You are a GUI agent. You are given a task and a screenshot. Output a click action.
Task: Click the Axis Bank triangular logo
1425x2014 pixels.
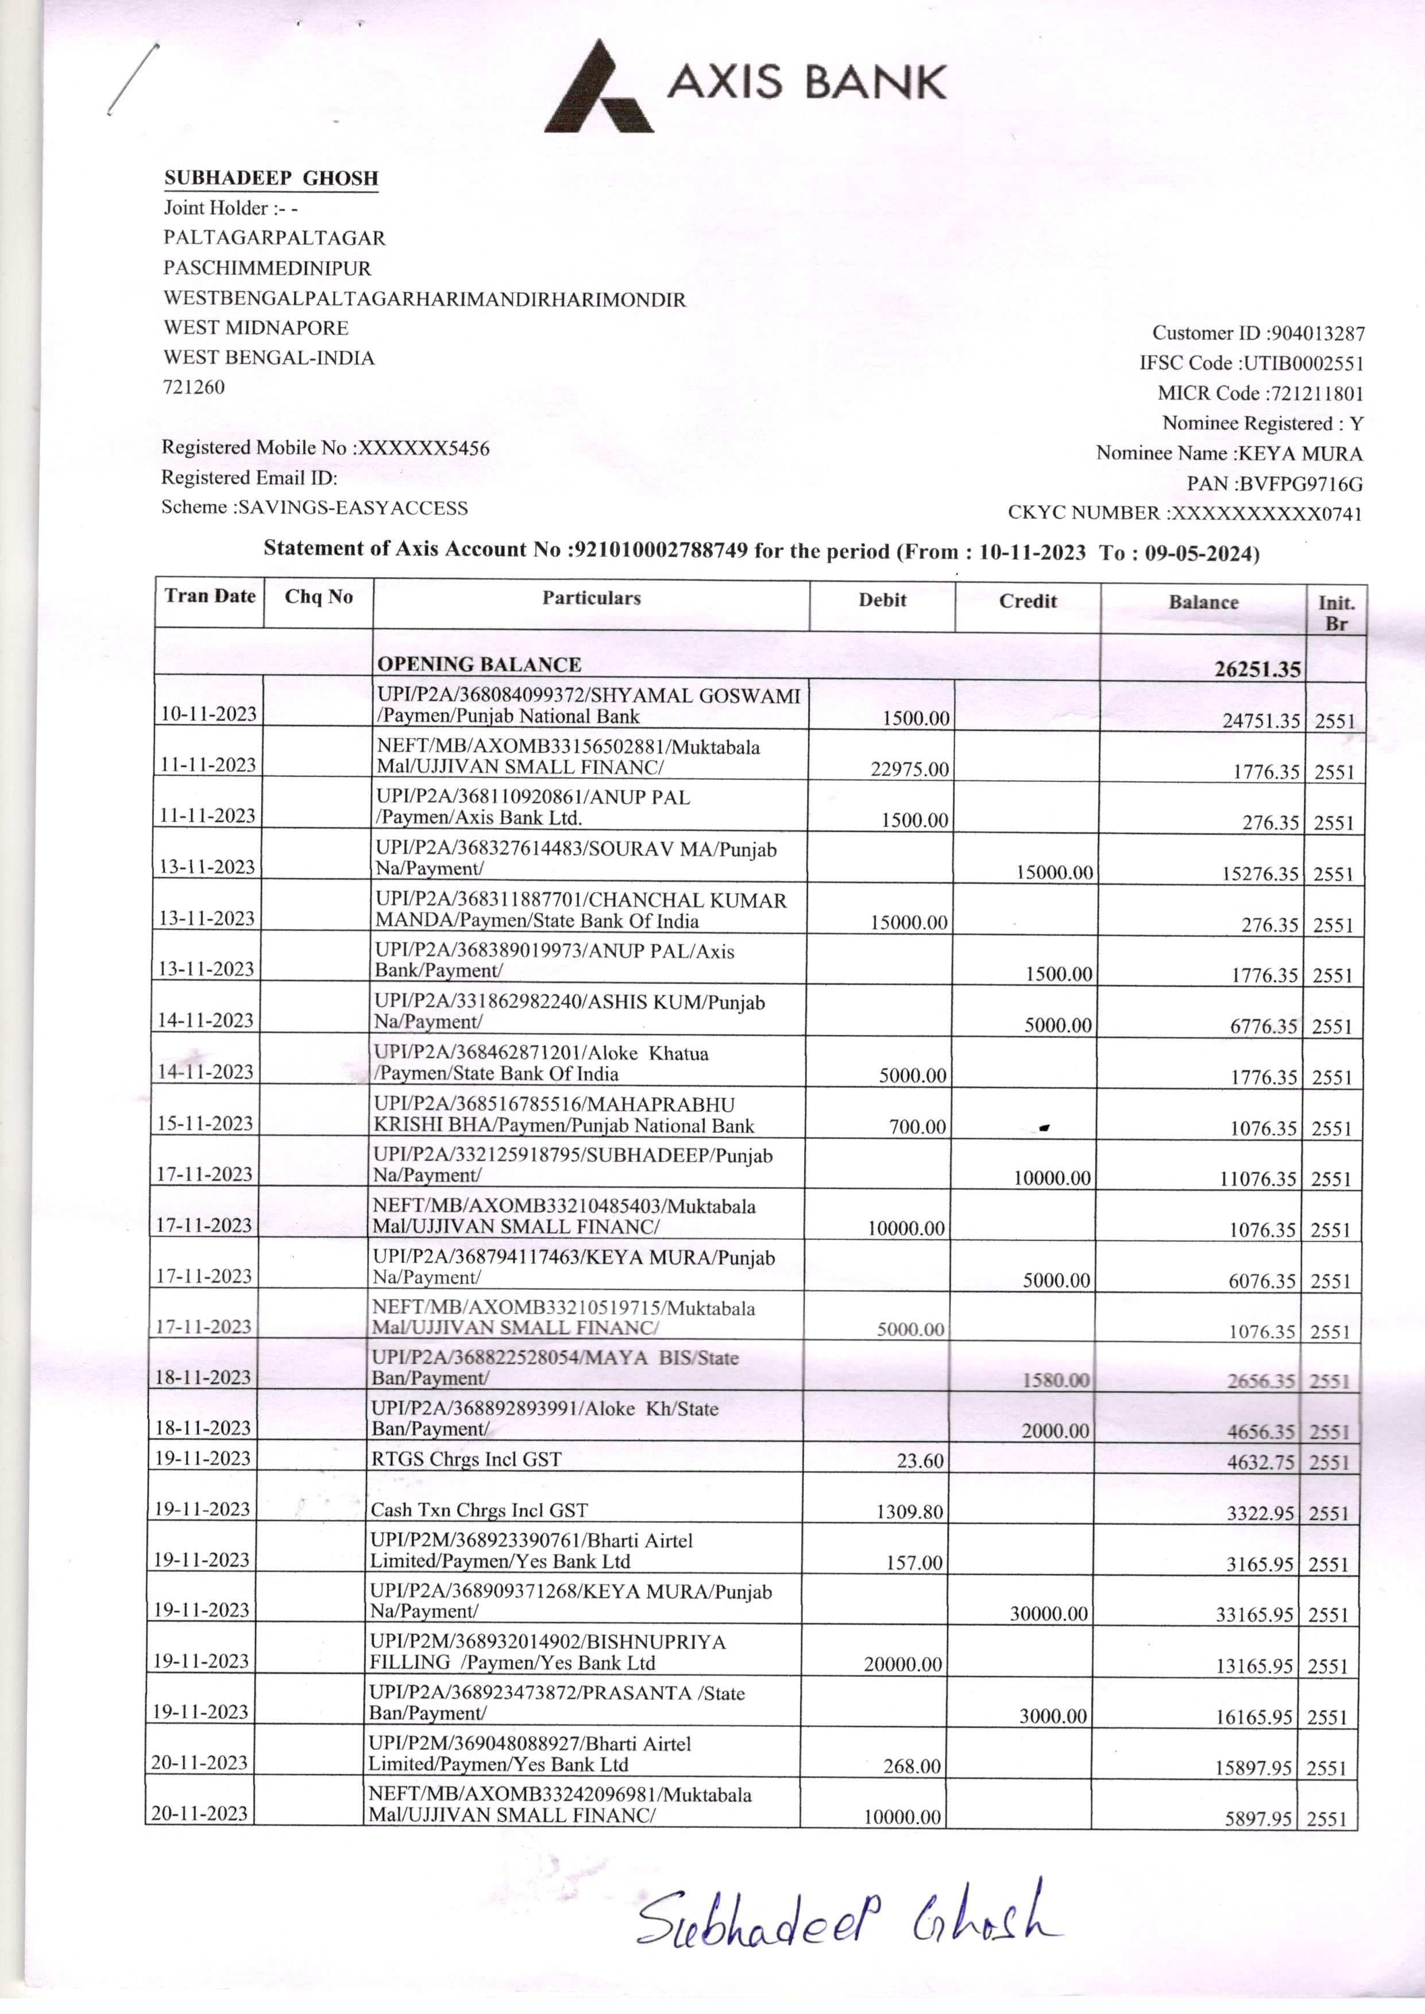pyautogui.click(x=599, y=88)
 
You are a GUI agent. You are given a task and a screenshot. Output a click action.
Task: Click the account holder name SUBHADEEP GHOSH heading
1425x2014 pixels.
pyautogui.click(x=271, y=178)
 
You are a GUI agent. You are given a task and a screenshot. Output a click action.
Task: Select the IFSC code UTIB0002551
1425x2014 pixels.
pyautogui.click(x=1302, y=363)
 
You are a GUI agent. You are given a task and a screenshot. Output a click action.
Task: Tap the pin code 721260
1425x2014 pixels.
pyautogui.click(x=194, y=387)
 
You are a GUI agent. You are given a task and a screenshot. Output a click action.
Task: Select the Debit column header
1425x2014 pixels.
pyautogui.click(x=882, y=600)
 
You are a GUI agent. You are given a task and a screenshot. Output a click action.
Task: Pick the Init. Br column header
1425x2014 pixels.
pyautogui.click(x=1335, y=612)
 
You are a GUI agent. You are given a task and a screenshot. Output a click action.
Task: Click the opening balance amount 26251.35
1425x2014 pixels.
pyautogui.click(x=1257, y=669)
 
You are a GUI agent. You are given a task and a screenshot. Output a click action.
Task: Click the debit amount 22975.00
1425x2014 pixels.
pyautogui.click(x=909, y=770)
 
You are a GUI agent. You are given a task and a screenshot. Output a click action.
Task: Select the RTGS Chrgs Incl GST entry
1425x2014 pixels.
pyautogui.click(x=465, y=1459)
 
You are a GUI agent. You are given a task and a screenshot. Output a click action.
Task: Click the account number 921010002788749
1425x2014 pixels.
pyautogui.click(x=660, y=550)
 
